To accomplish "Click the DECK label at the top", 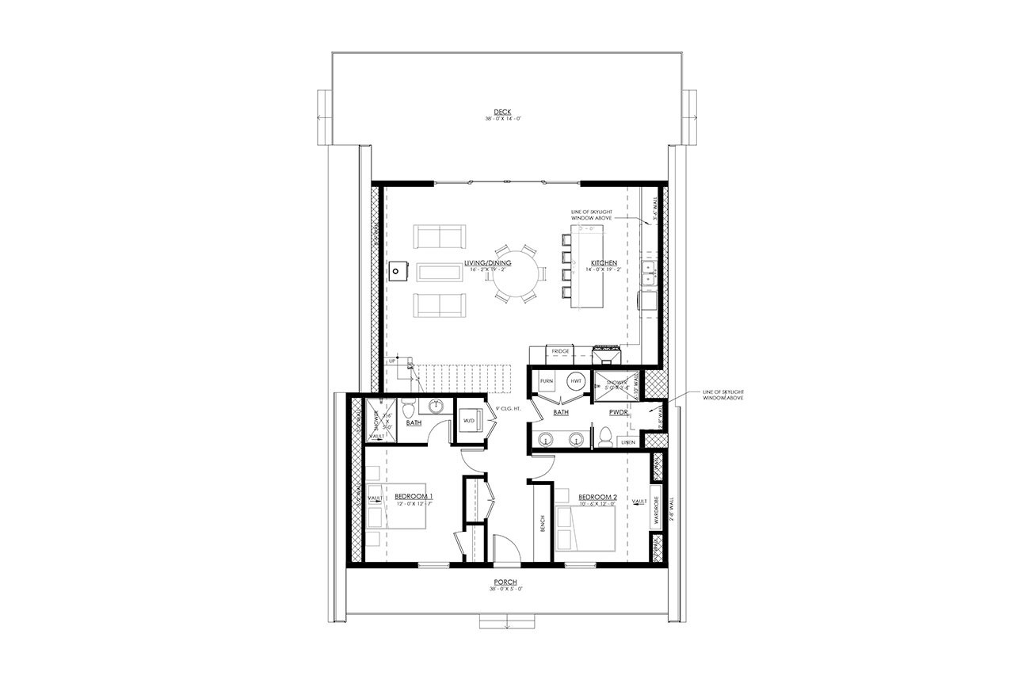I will [502, 112].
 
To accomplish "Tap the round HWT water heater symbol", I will [576, 381].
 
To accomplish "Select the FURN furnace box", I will [547, 381].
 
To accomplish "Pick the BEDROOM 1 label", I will [414, 496].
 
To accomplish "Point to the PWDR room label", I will [619, 413].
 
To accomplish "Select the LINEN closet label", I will [627, 441].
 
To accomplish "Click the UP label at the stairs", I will [391, 361].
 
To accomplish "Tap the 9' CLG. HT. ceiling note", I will [508, 410].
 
